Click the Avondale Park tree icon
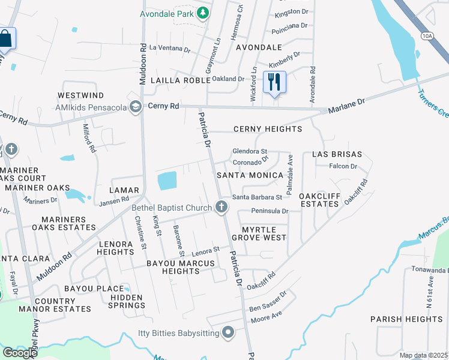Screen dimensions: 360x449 coord(203,13)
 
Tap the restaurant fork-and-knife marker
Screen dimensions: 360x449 coord(274,82)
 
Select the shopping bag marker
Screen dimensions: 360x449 coord(6,39)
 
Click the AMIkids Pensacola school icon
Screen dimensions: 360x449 coord(136,107)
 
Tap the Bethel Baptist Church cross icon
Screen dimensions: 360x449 coord(221,208)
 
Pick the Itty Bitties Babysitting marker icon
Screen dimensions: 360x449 coord(228,332)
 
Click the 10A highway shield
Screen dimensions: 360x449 coord(427,36)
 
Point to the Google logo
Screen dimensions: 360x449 coord(20,352)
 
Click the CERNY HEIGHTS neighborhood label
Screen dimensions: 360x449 coord(267,129)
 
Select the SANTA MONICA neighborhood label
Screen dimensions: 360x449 coord(249,175)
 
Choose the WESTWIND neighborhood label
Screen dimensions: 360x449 coord(81,95)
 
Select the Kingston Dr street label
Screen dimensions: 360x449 coord(291,12)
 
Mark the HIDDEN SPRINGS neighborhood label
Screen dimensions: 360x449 coord(126,301)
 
